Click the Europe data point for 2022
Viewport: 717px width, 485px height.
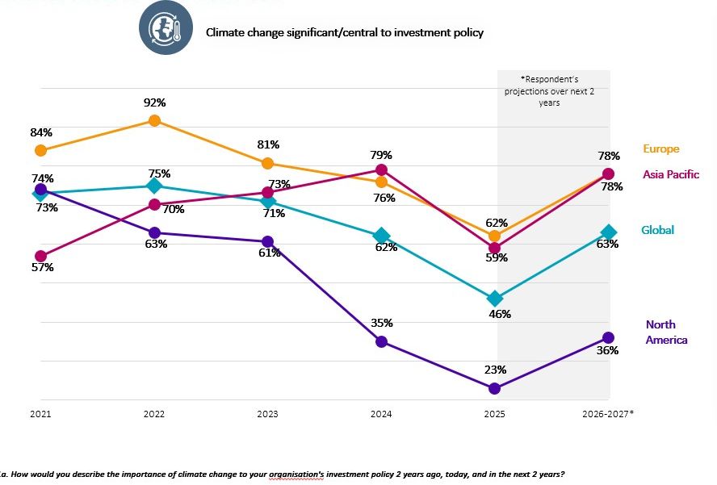pyautogui.click(x=154, y=120)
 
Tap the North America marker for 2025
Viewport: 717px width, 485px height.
pyautogui.click(x=495, y=388)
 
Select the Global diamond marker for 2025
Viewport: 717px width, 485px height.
pyautogui.click(x=495, y=299)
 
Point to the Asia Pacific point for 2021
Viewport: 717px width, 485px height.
pyautogui.click(x=40, y=256)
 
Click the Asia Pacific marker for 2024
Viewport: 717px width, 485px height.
pyautogui.click(x=382, y=169)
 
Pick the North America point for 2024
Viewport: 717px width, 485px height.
pyautogui.click(x=382, y=341)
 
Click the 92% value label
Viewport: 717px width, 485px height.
pyautogui.click(x=155, y=102)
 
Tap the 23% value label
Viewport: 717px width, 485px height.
pyautogui.click(x=496, y=370)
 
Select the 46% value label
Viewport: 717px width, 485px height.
pyautogui.click(x=500, y=314)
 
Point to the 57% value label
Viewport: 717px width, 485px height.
pyautogui.click(x=43, y=267)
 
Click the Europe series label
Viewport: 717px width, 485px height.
pyautogui.click(x=660, y=148)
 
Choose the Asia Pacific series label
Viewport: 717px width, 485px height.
pyautogui.click(x=671, y=174)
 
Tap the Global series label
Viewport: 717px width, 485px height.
pyautogui.click(x=657, y=230)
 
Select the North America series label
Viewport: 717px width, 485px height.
pyautogui.click(x=666, y=332)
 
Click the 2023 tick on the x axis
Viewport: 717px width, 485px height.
pyautogui.click(x=268, y=414)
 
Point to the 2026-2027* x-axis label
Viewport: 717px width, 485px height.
pyautogui.click(x=608, y=414)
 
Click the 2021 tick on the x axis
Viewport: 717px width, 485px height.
pyautogui.click(x=40, y=414)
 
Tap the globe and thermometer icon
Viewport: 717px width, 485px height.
pyautogui.click(x=166, y=28)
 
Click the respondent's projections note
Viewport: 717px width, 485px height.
pyautogui.click(x=549, y=91)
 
